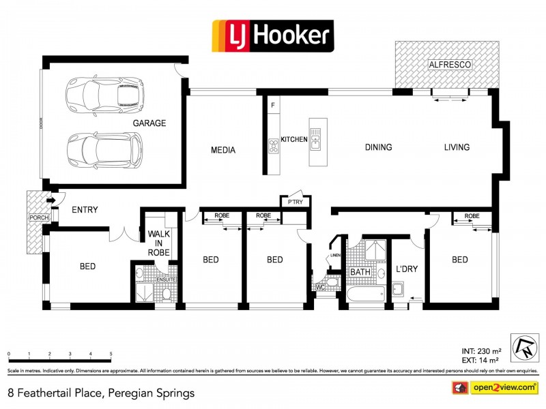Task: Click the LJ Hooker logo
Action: point(272,35)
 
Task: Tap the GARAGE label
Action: point(149,123)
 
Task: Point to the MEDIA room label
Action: point(223,150)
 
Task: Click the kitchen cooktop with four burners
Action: point(274,144)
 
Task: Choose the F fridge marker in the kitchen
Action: point(273,105)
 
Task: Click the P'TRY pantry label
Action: point(295,202)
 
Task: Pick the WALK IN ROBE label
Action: point(158,243)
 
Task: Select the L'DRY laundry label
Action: point(407,269)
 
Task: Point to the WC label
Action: point(319,288)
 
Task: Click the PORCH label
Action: point(38,217)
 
